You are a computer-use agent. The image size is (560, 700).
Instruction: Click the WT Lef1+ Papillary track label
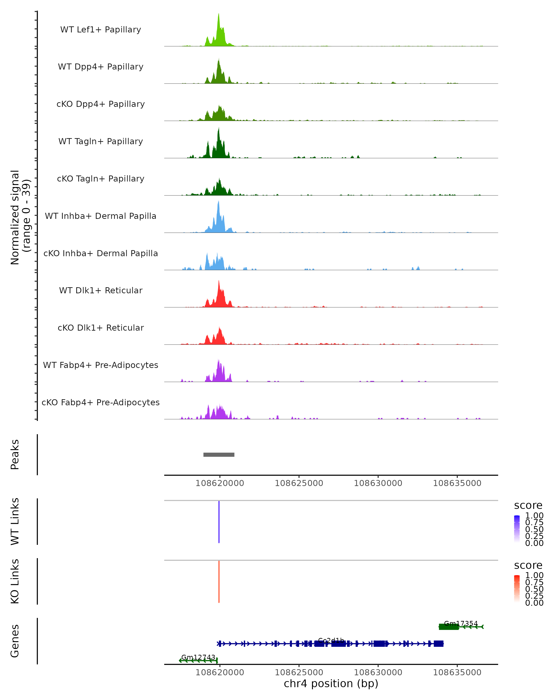click(101, 30)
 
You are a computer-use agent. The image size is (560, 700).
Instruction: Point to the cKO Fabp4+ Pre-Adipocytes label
click(101, 402)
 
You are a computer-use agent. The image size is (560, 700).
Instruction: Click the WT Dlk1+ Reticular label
click(101, 290)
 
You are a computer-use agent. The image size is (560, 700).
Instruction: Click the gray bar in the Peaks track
click(219, 455)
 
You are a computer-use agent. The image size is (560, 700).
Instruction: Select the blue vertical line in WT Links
click(219, 521)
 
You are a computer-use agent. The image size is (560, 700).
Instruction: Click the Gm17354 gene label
click(461, 623)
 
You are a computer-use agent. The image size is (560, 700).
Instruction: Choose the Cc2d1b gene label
click(331, 640)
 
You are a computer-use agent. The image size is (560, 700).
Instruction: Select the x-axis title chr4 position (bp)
click(331, 683)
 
